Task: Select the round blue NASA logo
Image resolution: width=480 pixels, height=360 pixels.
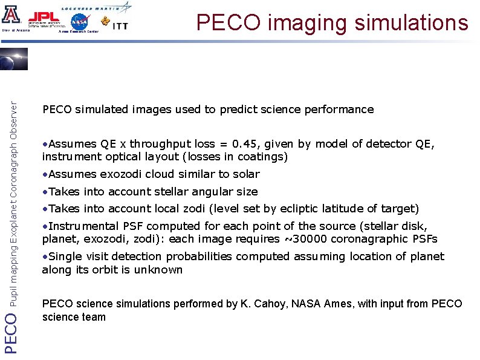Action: coord(80,22)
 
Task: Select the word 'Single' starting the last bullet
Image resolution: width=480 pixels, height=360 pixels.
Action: coord(65,257)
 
